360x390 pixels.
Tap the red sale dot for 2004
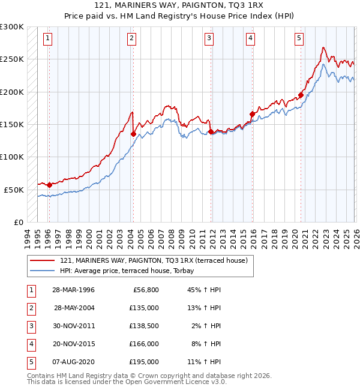tap(133, 134)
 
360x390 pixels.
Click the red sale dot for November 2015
tap(252, 113)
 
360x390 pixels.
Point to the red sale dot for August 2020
tap(300, 94)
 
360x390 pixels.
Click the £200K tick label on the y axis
tap(12, 92)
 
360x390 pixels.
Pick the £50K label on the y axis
tap(14, 190)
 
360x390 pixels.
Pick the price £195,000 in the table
tap(144, 362)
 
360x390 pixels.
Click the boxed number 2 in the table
tap(30, 308)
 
